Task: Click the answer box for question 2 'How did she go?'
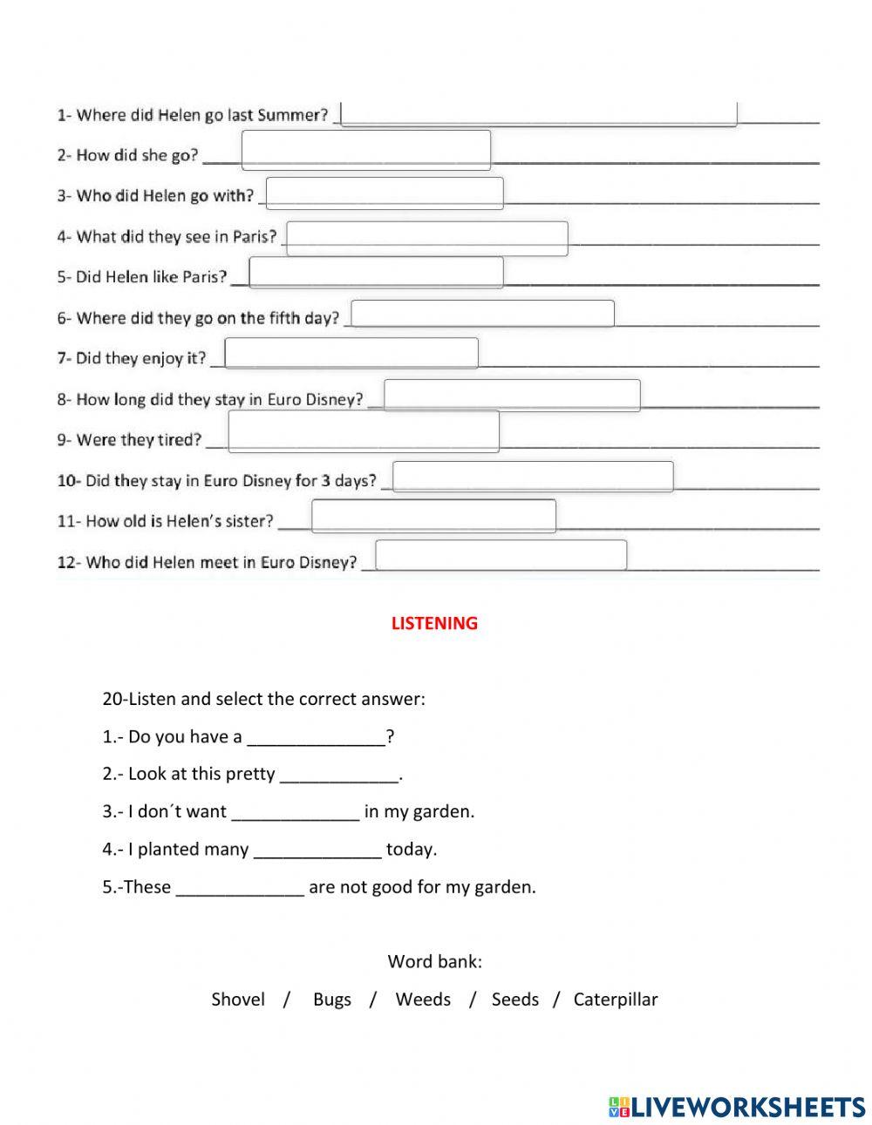[x=365, y=150]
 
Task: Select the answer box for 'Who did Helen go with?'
[x=385, y=193]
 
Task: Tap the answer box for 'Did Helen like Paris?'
[x=376, y=273]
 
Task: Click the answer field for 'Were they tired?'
[x=364, y=431]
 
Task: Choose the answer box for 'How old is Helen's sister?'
[x=433, y=516]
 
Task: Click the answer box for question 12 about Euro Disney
[x=501, y=555]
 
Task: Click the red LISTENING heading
[x=434, y=623]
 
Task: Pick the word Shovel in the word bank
[x=238, y=1000]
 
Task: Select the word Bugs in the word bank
[x=332, y=1000]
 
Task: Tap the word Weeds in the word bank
[x=423, y=1000]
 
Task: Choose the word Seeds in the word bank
[x=515, y=1000]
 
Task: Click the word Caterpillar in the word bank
[x=616, y=1000]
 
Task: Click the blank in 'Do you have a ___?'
[x=317, y=738]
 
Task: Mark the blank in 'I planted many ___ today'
[x=317, y=851]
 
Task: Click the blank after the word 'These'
[x=240, y=888]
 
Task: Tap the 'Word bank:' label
[x=434, y=962]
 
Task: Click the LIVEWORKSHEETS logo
[x=737, y=1107]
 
